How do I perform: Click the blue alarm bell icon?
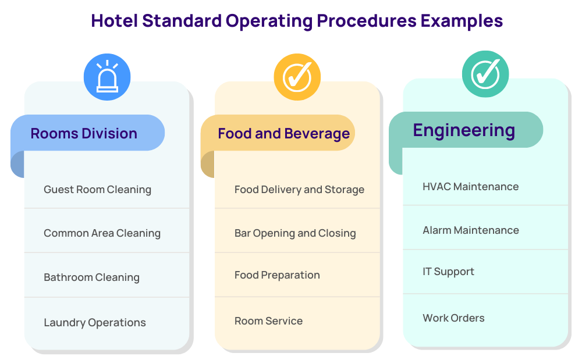coord(107,77)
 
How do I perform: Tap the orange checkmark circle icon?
coord(297,77)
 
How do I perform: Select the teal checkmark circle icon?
coord(485,74)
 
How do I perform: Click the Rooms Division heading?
coord(84,133)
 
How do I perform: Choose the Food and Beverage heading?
coord(283,134)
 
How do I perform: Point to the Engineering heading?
coord(464,131)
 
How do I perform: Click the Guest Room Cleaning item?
coord(97,190)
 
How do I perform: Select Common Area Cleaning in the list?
coord(102,233)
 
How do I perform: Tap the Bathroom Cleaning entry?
coord(92,277)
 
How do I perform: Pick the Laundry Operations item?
coord(95,323)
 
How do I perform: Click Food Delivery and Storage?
coord(299,190)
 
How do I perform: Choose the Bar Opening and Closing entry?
coord(295,233)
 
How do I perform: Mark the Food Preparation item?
coord(277,275)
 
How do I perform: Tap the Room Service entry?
coord(268,320)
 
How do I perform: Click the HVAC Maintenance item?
coord(471,187)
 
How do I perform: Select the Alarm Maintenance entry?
coord(471,230)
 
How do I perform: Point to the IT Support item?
coord(448,272)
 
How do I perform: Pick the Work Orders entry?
coord(453,318)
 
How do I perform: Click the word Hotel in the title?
coord(114,21)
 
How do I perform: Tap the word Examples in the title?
coord(462,22)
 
